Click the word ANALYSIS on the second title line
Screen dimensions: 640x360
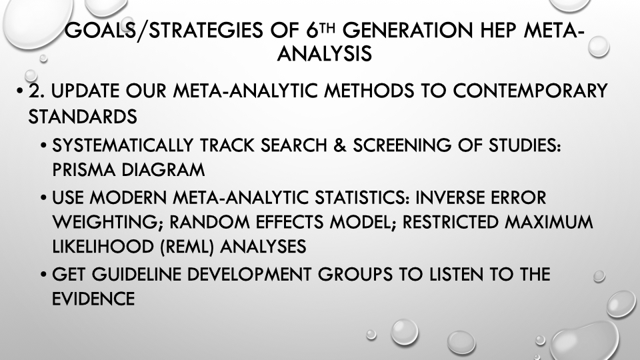tap(325, 53)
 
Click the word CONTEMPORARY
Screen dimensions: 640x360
tap(530, 91)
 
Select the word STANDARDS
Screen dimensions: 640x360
tap(83, 117)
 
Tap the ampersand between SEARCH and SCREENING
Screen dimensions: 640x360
tap(340, 145)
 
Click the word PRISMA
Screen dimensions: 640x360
tap(84, 170)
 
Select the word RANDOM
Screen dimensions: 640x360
tap(209, 222)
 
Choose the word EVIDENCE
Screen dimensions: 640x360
tap(93, 299)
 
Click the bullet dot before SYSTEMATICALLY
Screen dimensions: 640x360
tap(44, 146)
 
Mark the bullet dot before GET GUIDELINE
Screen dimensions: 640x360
tap(44, 275)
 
